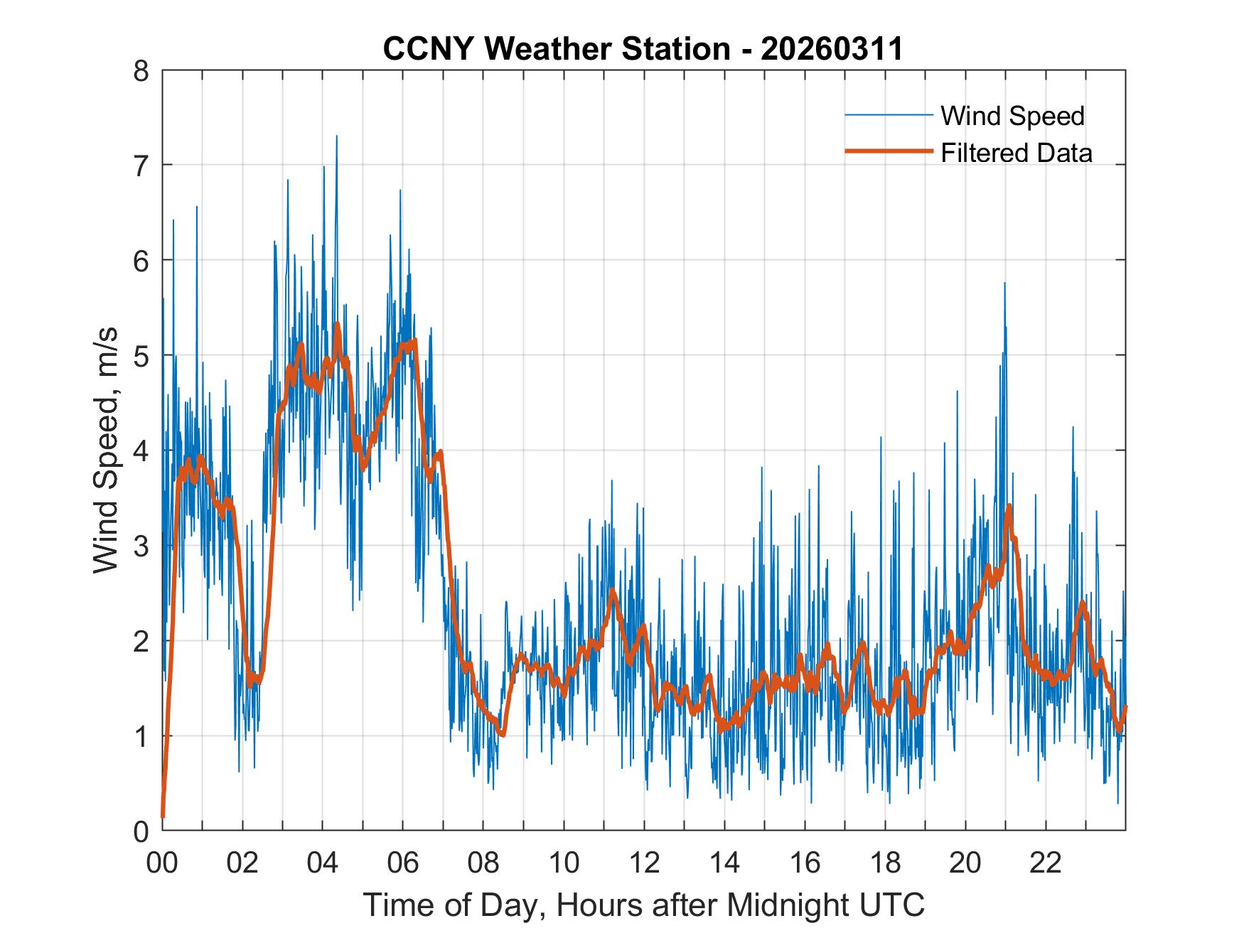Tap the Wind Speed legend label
tap(1012, 116)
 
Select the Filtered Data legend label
tap(1016, 153)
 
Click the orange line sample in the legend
tap(888, 151)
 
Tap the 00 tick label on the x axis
tap(162, 863)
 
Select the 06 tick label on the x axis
tap(403, 863)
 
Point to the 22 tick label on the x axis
tap(1046, 863)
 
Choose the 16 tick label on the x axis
tap(805, 863)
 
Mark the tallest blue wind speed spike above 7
tap(336, 137)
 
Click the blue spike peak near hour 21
tap(1004, 284)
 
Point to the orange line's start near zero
tap(163, 816)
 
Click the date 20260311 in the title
tap(832, 49)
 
